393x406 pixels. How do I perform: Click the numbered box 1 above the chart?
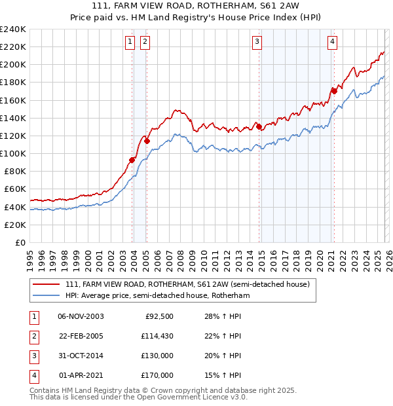[x=130, y=42]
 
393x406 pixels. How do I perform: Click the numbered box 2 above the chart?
[x=144, y=42]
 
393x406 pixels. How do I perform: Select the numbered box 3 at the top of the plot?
[x=257, y=42]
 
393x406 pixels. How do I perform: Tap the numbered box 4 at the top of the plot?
[x=333, y=42]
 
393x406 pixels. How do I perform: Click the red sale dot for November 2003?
[x=132, y=160]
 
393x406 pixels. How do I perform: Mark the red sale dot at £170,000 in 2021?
[x=334, y=91]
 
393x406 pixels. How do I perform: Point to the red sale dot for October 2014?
[x=259, y=126]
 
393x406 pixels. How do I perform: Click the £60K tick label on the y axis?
[x=14, y=189]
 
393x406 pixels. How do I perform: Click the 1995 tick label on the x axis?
[x=29, y=257]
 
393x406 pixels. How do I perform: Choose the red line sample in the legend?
[x=47, y=284]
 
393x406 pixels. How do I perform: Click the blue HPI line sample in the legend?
[x=47, y=295]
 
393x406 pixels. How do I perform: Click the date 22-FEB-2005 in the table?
[x=81, y=337]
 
